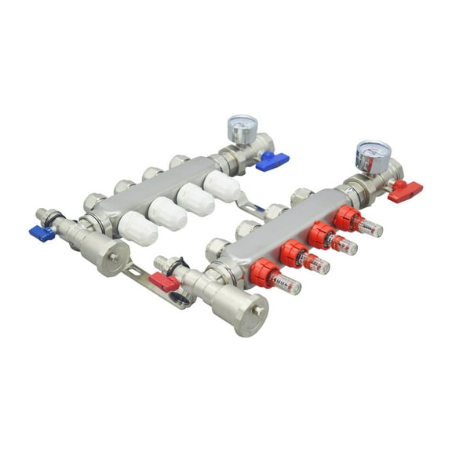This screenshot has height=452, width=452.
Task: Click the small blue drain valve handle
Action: tap(42, 232)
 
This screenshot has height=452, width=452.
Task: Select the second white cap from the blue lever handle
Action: tap(195, 199)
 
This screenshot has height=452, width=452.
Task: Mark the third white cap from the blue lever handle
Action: tap(167, 213)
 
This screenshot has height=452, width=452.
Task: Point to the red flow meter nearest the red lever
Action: tap(348, 217)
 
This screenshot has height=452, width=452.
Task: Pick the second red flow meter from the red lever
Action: tap(321, 235)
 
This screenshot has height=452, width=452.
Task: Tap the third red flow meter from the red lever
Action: tap(293, 253)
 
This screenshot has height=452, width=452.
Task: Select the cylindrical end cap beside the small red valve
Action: tap(239, 310)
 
